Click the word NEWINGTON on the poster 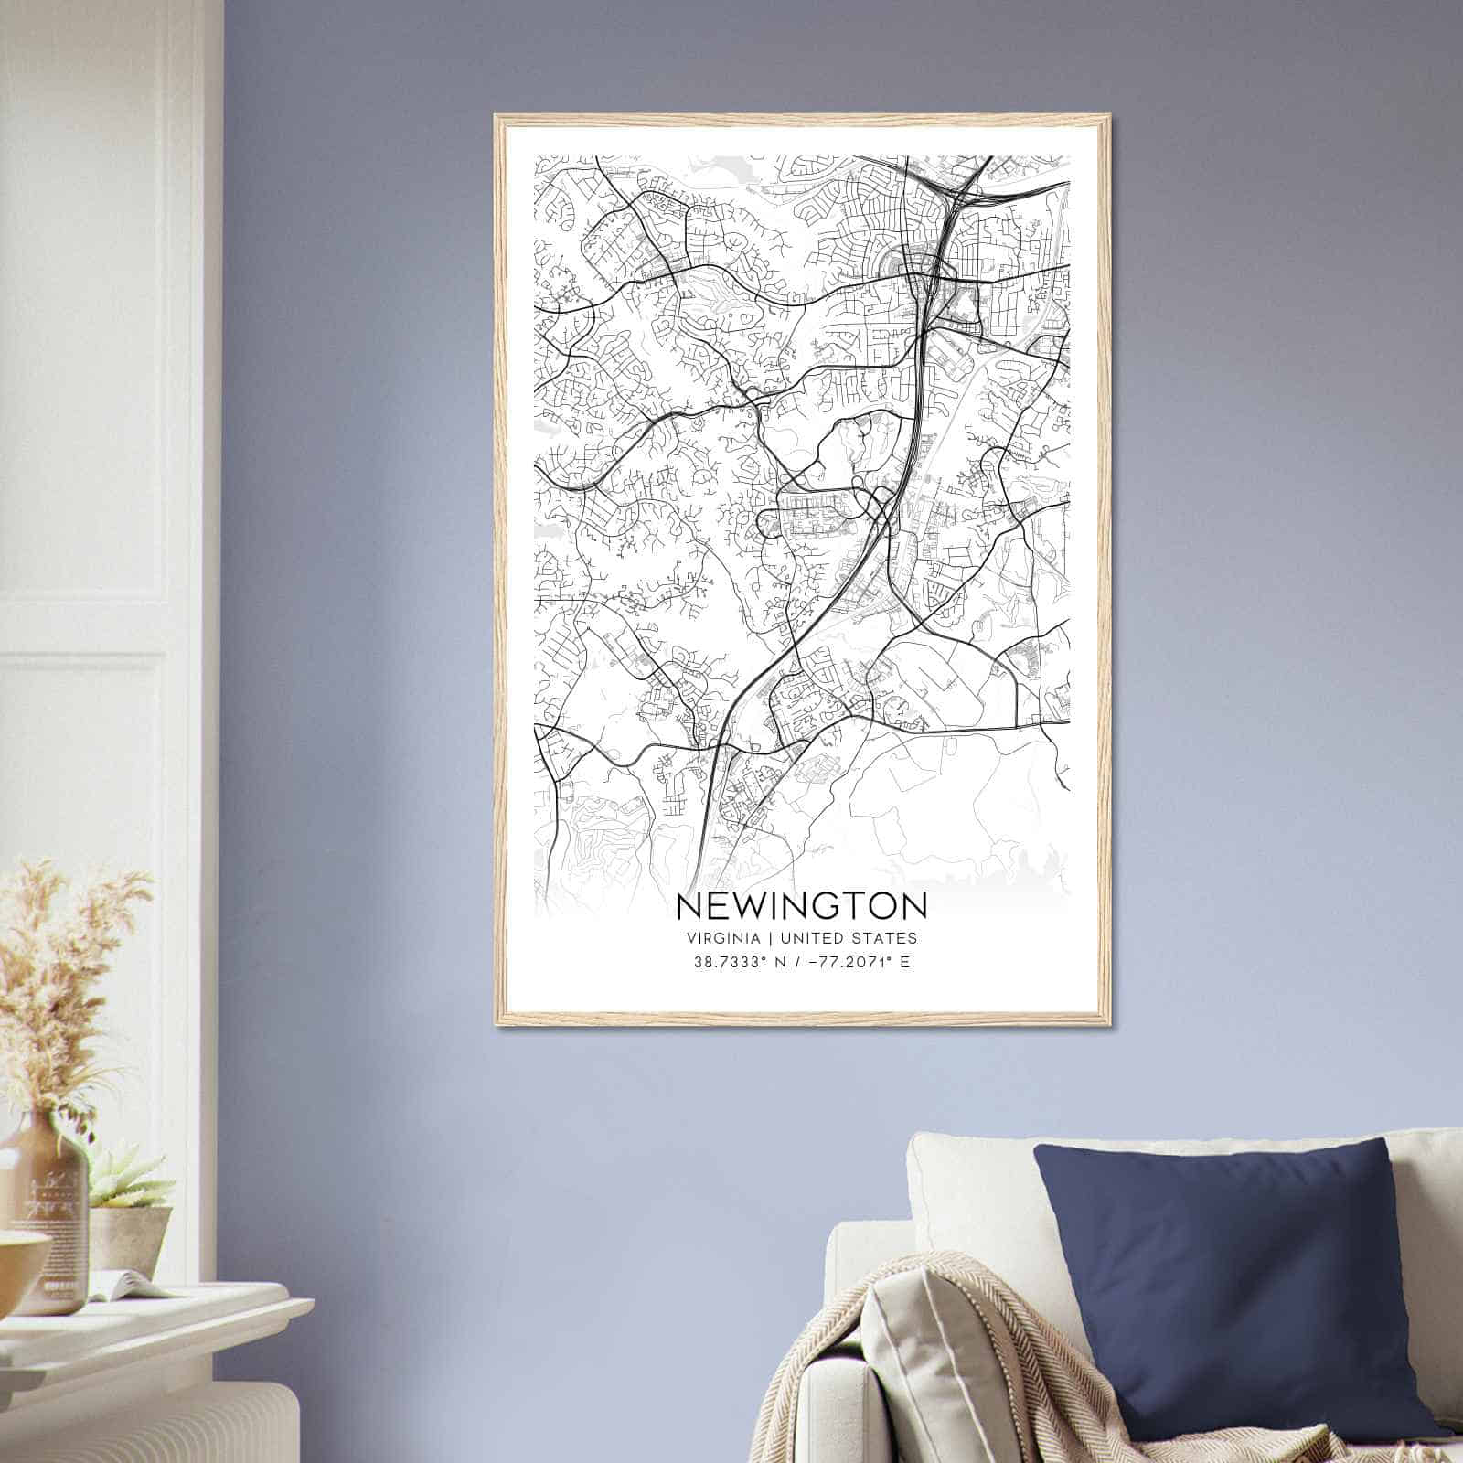click(801, 905)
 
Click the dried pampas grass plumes click(64, 969)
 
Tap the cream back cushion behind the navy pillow click(969, 1180)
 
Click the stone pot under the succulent click(133, 1234)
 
